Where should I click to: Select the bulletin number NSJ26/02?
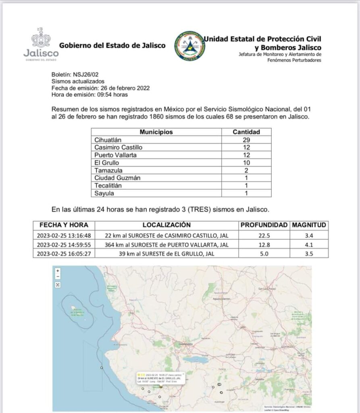click(87, 75)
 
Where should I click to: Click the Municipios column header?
click(156, 132)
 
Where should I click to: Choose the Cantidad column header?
click(246, 132)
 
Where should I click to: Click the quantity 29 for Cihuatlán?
click(246, 140)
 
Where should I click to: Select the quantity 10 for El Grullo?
click(246, 163)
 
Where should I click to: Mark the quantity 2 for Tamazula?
click(246, 170)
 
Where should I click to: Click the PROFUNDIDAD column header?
click(264, 225)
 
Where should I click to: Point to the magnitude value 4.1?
click(309, 244)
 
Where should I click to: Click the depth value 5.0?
click(264, 253)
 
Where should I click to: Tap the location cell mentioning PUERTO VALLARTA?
click(166, 244)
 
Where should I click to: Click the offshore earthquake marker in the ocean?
click(102, 368)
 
